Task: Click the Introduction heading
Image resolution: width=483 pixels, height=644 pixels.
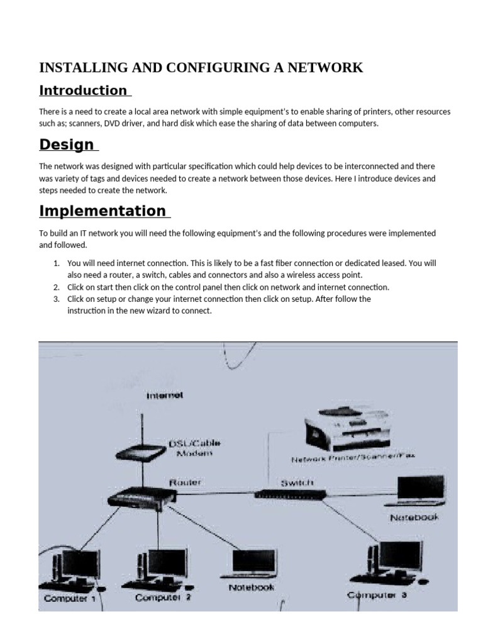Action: coord(83,91)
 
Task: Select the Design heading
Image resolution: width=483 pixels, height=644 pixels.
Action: coord(67,145)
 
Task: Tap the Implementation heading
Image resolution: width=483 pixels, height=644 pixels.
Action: coord(103,211)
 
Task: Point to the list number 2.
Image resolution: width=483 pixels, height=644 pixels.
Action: coord(56,287)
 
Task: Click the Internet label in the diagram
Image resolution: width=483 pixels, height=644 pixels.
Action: coord(164,396)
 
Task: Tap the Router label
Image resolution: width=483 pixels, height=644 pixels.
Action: coord(185,482)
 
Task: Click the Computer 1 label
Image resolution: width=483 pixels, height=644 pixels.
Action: coord(70,598)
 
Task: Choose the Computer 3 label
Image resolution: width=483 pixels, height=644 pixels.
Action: coord(377,595)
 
